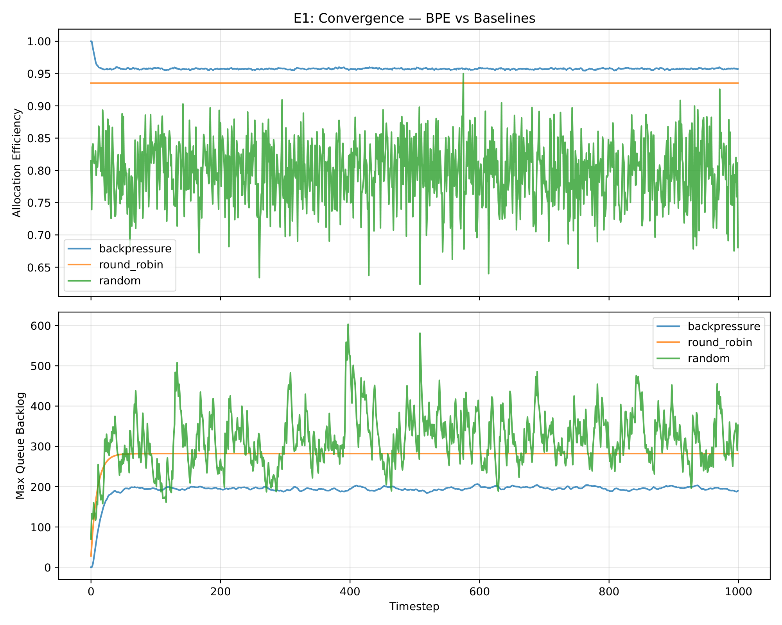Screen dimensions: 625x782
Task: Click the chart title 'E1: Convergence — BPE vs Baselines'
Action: click(414, 18)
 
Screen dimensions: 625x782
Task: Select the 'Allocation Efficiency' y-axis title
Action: click(17, 162)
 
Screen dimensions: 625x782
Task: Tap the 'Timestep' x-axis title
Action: click(414, 606)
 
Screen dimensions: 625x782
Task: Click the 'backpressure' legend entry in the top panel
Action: click(135, 248)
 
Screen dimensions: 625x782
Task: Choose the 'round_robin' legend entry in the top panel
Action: click(131, 264)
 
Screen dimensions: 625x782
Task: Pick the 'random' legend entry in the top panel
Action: click(120, 280)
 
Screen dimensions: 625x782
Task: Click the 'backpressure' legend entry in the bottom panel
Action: click(724, 326)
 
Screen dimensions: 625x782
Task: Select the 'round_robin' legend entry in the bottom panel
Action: click(720, 342)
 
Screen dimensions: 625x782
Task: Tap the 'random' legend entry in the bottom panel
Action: click(708, 358)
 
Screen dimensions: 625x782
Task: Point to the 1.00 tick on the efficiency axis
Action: click(39, 41)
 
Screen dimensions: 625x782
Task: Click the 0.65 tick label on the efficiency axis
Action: click(39, 267)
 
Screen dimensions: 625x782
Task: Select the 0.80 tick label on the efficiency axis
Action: click(39, 171)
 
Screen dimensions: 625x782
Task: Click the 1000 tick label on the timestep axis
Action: click(738, 592)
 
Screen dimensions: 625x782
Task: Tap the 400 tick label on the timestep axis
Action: click(350, 592)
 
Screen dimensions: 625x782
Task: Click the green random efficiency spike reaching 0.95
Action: click(463, 74)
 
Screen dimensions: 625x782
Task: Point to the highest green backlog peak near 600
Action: click(348, 324)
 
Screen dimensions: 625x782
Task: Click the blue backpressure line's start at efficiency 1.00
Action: click(91, 41)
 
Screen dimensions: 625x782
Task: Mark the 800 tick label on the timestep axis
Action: click(609, 592)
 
